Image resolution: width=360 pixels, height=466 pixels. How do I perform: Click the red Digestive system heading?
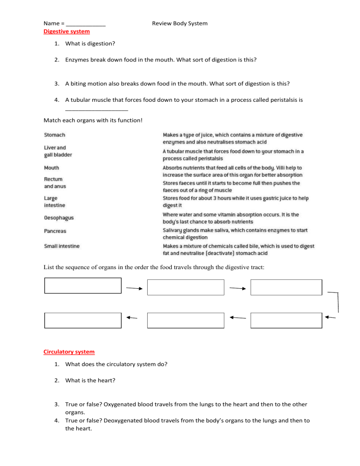(67, 31)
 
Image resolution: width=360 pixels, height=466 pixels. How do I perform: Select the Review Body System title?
(180, 23)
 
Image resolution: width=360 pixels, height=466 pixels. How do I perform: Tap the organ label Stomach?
(54, 135)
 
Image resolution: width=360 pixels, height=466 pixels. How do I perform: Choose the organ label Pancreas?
(55, 231)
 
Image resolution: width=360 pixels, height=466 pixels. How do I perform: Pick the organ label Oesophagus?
(59, 218)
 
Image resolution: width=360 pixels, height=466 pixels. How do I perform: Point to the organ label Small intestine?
(62, 246)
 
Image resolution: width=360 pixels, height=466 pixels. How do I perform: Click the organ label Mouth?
(52, 167)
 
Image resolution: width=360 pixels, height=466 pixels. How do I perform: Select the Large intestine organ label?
(54, 202)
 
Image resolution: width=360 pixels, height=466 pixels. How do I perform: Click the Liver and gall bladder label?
(58, 151)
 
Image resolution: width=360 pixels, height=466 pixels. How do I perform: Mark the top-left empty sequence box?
(83, 286)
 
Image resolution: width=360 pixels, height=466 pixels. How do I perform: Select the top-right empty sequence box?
(286, 287)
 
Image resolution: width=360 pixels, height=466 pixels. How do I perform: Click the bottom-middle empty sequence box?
(186, 320)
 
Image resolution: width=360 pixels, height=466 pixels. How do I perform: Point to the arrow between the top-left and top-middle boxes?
(134, 289)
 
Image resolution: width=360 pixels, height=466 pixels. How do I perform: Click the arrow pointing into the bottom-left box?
(132, 318)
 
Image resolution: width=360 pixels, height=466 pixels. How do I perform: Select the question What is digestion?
(90, 44)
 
